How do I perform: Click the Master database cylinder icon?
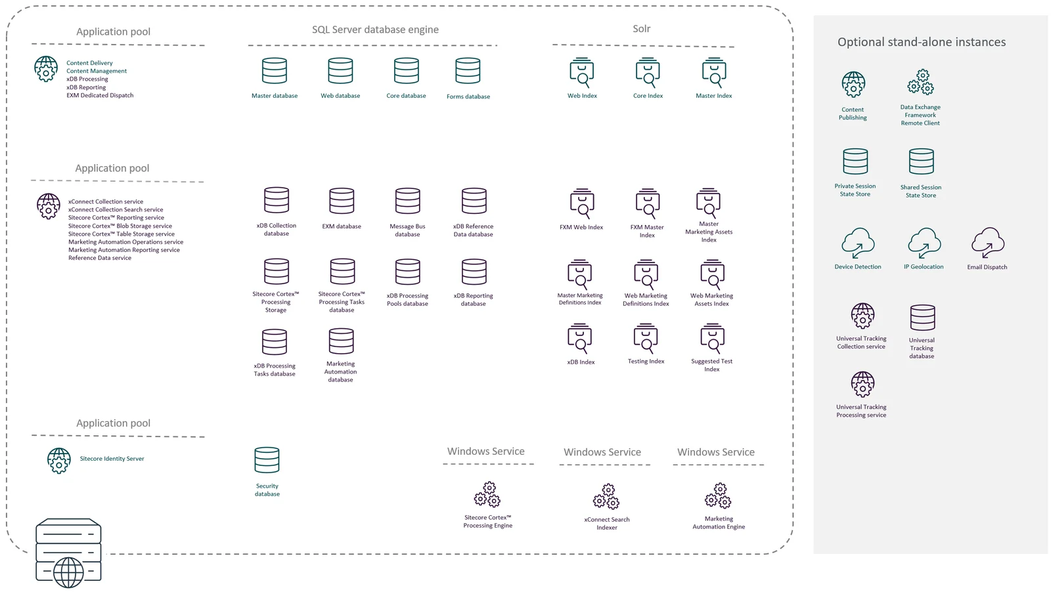click(x=275, y=71)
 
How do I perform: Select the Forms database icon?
click(x=468, y=71)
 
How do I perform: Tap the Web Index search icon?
click(x=582, y=73)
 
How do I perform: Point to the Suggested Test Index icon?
click(x=712, y=338)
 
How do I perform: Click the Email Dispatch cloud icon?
click(x=988, y=243)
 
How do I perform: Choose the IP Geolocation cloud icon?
click(x=924, y=243)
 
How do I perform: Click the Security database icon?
click(x=267, y=460)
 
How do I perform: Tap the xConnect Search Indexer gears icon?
click(x=606, y=496)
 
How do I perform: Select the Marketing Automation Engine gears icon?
click(x=718, y=496)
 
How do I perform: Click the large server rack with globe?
click(x=68, y=553)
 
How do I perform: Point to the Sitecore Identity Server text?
click(x=112, y=458)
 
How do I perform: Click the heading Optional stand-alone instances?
click(x=922, y=42)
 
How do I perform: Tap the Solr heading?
click(x=641, y=29)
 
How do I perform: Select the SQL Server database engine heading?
click(x=375, y=30)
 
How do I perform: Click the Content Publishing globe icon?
click(x=853, y=85)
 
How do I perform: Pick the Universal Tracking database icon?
click(x=922, y=318)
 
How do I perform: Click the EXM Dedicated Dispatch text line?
click(x=100, y=95)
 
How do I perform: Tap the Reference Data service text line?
click(x=100, y=258)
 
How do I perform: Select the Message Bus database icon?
click(x=407, y=201)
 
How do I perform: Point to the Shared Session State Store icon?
click(x=921, y=161)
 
